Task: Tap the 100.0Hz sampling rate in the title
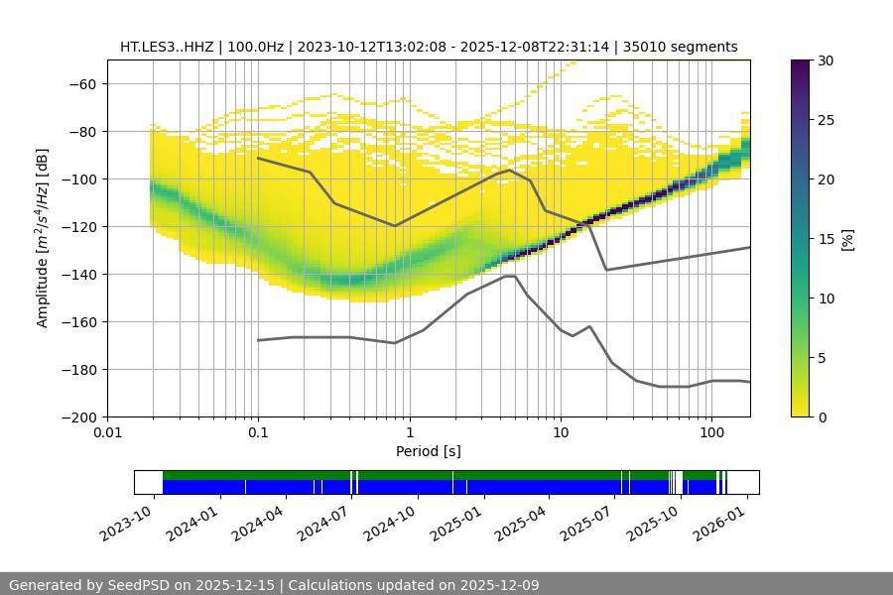(x=258, y=47)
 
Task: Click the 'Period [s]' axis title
(x=429, y=451)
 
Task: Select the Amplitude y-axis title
(x=43, y=238)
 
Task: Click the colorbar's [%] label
(x=847, y=239)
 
